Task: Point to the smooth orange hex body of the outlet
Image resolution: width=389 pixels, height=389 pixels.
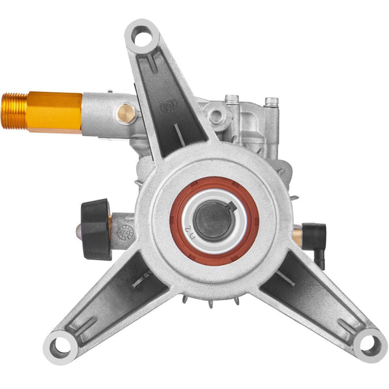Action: [54, 112]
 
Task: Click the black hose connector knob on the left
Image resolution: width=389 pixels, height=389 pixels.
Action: [95, 229]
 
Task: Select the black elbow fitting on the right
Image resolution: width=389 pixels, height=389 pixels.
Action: [317, 237]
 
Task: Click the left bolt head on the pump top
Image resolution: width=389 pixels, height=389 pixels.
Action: [231, 100]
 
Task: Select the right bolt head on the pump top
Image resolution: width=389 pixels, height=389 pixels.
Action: [271, 102]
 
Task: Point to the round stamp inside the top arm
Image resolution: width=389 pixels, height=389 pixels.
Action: [168, 104]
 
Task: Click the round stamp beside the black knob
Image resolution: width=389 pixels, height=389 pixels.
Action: [125, 231]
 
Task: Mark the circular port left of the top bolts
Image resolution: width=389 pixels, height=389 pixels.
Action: [215, 117]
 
